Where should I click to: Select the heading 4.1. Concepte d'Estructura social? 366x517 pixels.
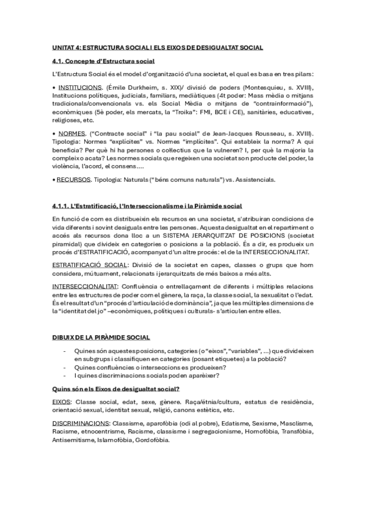tap(103, 61)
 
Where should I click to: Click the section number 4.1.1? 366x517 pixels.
tap(62, 206)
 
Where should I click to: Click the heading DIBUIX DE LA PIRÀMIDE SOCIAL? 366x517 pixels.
tap(101, 337)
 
